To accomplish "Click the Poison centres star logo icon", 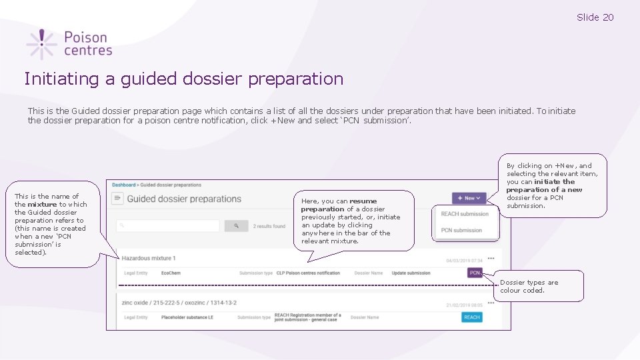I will (x=41, y=44).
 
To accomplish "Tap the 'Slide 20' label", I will (x=595, y=17).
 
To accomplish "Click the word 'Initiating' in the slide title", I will (x=61, y=79).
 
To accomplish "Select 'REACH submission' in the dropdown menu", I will (x=465, y=214).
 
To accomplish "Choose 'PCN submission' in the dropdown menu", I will (x=461, y=230).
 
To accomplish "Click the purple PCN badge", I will (x=475, y=273).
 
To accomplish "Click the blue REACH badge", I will (x=472, y=317).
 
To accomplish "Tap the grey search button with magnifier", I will (x=236, y=226).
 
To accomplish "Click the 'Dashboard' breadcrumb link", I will (x=123, y=185).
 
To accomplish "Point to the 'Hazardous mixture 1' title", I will (x=149, y=258).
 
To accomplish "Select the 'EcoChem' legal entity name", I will (x=170, y=273).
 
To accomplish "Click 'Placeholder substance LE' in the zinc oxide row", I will (x=187, y=317).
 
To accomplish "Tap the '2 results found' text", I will (x=269, y=226).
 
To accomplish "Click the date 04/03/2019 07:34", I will (x=464, y=261).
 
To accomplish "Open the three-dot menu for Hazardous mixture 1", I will (x=491, y=258).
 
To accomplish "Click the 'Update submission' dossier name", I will (x=411, y=273).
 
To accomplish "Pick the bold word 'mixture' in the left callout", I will (x=42, y=205).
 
